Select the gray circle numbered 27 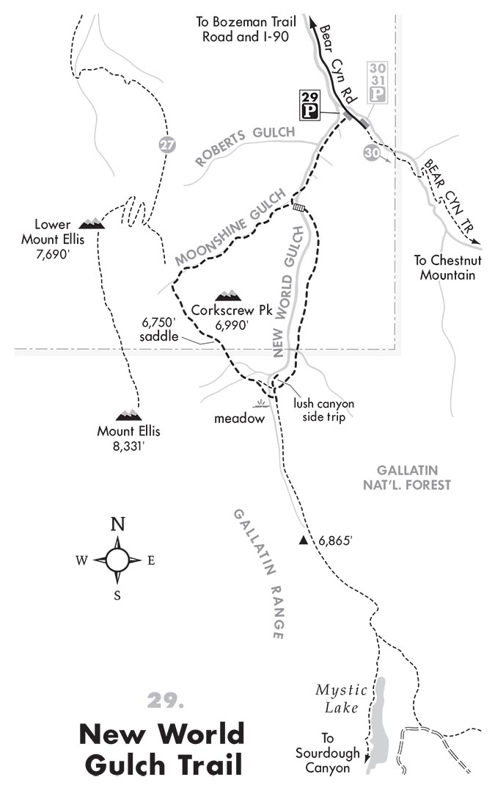[x=168, y=145]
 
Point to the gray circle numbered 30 [x=372, y=152]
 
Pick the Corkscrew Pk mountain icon [x=228, y=295]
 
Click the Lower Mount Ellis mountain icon [x=91, y=222]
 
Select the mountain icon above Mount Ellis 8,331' [x=128, y=416]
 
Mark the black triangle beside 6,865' [x=303, y=541]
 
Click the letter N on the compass [x=117, y=524]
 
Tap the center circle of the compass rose [x=117, y=560]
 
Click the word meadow [x=237, y=419]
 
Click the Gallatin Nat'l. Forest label [x=414, y=477]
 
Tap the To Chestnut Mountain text [x=444, y=267]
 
